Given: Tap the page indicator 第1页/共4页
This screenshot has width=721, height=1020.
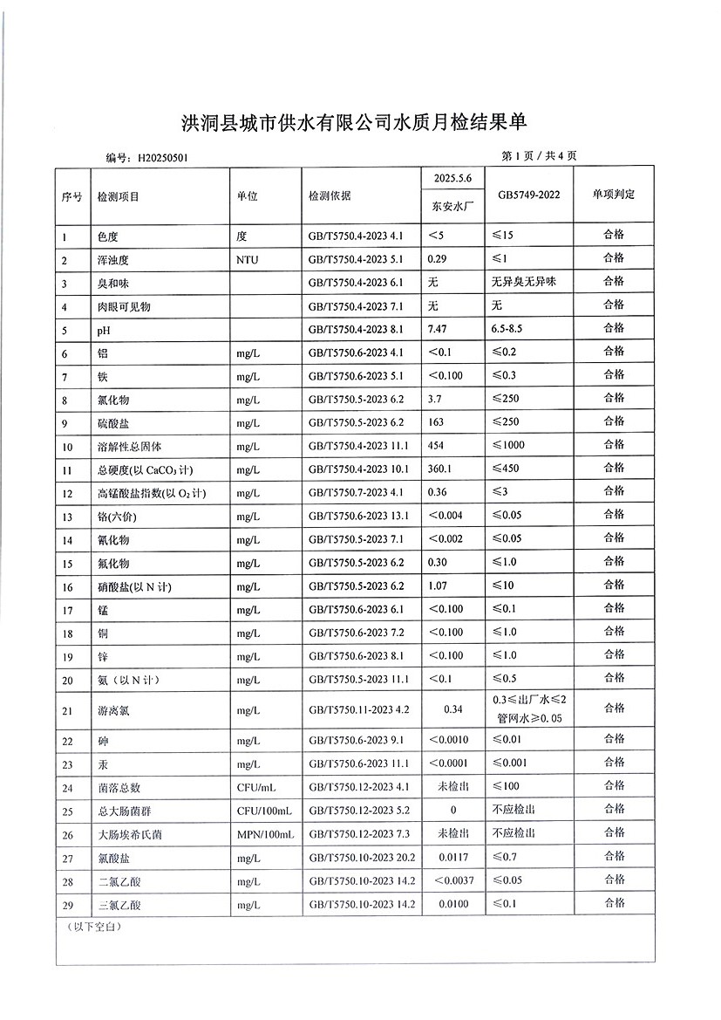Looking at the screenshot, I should click(x=540, y=156).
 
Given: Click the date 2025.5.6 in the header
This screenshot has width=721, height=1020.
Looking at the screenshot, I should click(x=452, y=178).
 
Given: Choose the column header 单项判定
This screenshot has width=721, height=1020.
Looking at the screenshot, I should click(x=614, y=194).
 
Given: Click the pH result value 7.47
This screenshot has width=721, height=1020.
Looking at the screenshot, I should click(x=439, y=328).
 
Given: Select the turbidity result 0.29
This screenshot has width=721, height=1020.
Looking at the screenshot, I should click(x=439, y=258).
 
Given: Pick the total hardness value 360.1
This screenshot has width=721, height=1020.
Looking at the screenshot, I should click(x=442, y=469).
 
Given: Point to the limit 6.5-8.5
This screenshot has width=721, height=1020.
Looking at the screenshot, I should click(x=513, y=328).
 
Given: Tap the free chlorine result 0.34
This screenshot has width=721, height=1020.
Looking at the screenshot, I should click(x=452, y=709).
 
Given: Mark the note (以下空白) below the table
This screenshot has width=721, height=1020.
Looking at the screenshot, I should click(x=94, y=926).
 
